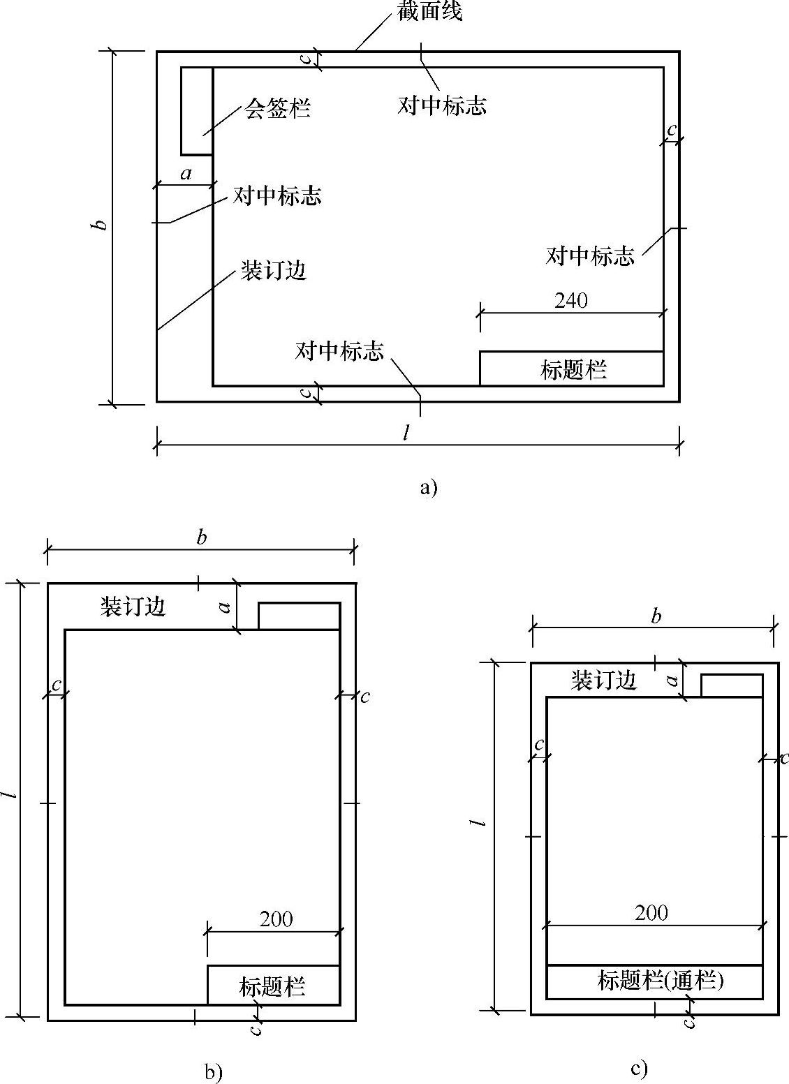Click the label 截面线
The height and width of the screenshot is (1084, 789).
(x=429, y=12)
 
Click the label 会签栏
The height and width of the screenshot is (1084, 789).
(x=277, y=108)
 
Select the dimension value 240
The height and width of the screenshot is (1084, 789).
(x=571, y=300)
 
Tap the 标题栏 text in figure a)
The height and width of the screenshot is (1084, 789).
(x=573, y=369)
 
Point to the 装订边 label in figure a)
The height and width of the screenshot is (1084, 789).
(x=274, y=270)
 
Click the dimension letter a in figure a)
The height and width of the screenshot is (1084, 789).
(x=186, y=173)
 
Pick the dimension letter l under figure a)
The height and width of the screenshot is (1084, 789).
(x=406, y=433)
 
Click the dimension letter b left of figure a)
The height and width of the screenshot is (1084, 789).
(x=101, y=225)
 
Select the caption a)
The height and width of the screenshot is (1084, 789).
(x=429, y=487)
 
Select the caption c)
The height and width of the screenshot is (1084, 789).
(x=638, y=1068)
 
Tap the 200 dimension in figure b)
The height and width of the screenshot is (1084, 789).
(x=276, y=919)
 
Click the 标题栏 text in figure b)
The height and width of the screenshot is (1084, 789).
(x=272, y=986)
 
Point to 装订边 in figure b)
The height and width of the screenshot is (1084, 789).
(x=133, y=606)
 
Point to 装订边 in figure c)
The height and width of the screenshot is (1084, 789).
(x=604, y=680)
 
